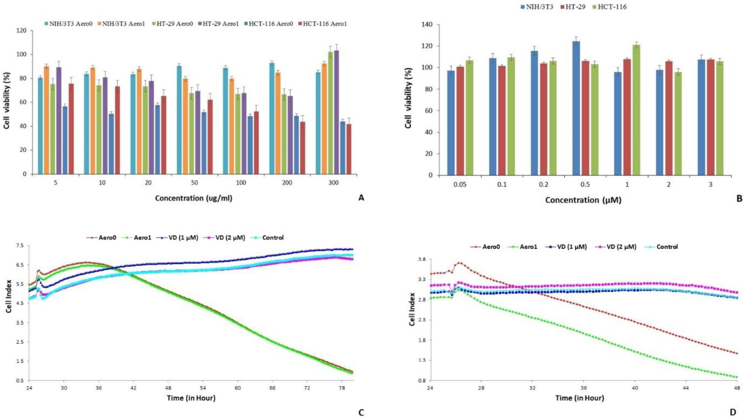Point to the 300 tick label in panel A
coord(333,183)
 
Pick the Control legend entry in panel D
coord(664,247)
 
